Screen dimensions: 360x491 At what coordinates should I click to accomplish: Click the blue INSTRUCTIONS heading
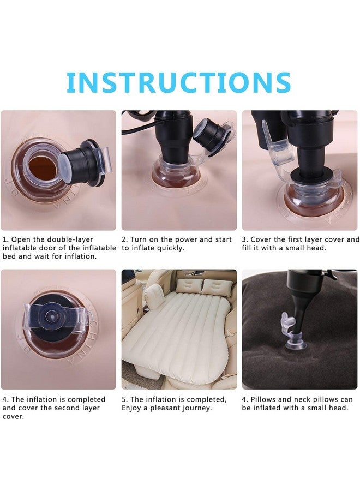[179, 82]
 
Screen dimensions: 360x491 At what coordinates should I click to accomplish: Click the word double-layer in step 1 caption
[70, 239]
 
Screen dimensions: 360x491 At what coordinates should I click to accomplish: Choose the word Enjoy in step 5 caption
[131, 408]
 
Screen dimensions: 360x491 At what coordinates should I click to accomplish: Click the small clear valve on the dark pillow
[290, 332]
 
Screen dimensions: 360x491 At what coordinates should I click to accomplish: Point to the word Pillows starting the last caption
[263, 399]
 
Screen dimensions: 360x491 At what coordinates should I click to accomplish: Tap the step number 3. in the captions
[245, 240]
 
